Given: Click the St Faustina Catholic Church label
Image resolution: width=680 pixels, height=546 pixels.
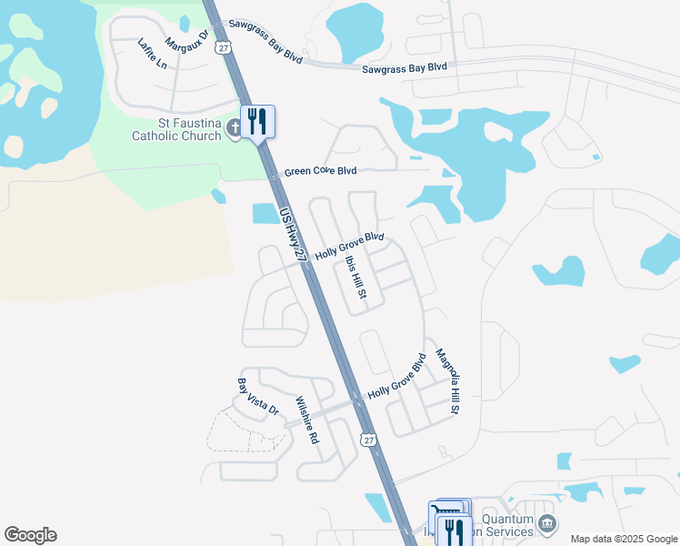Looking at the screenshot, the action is [176, 129].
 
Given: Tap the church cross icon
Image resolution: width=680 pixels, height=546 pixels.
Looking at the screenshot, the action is [234, 128].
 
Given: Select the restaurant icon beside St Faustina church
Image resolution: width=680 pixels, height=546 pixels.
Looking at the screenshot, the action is [257, 121].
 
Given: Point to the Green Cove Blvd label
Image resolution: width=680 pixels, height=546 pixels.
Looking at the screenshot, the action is [320, 171].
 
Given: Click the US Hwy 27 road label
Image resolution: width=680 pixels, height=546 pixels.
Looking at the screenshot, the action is [294, 236].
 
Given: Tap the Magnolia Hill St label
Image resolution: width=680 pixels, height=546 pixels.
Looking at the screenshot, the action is [446, 381].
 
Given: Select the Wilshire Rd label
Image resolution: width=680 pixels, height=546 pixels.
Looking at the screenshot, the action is [307, 420].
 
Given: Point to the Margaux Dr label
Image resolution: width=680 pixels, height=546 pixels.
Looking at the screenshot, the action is [187, 43].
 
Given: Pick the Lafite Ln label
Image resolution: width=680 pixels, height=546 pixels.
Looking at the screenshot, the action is [153, 54].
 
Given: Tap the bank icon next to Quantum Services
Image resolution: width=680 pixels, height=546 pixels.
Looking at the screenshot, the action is [546, 523].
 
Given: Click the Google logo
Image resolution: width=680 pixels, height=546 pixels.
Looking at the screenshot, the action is [30, 535].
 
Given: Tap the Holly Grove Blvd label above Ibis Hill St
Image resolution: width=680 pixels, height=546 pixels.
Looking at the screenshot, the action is [350, 246].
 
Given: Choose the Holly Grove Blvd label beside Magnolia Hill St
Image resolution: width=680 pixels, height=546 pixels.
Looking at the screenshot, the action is [396, 382].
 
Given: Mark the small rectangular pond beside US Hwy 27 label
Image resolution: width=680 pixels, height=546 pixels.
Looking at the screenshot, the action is [265, 213].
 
